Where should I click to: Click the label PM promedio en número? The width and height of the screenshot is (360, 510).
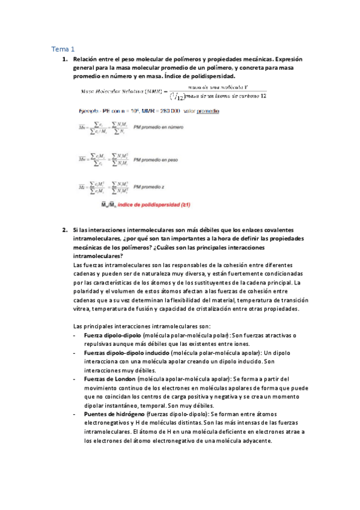158,127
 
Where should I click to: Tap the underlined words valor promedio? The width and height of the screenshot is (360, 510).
201,111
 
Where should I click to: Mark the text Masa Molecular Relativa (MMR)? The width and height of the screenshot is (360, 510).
121,91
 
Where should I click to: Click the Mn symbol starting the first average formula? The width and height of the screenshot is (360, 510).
84,127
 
